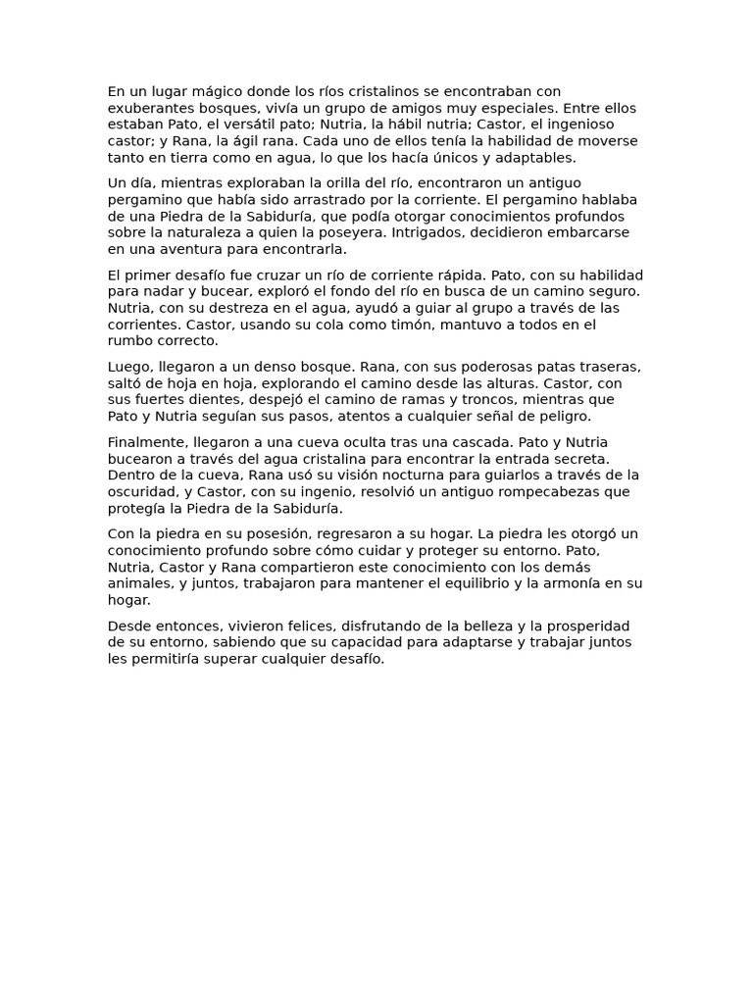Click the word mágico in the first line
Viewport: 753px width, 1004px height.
coord(204,92)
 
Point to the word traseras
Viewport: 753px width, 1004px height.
coord(606,367)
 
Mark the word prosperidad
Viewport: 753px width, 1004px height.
coord(587,627)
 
